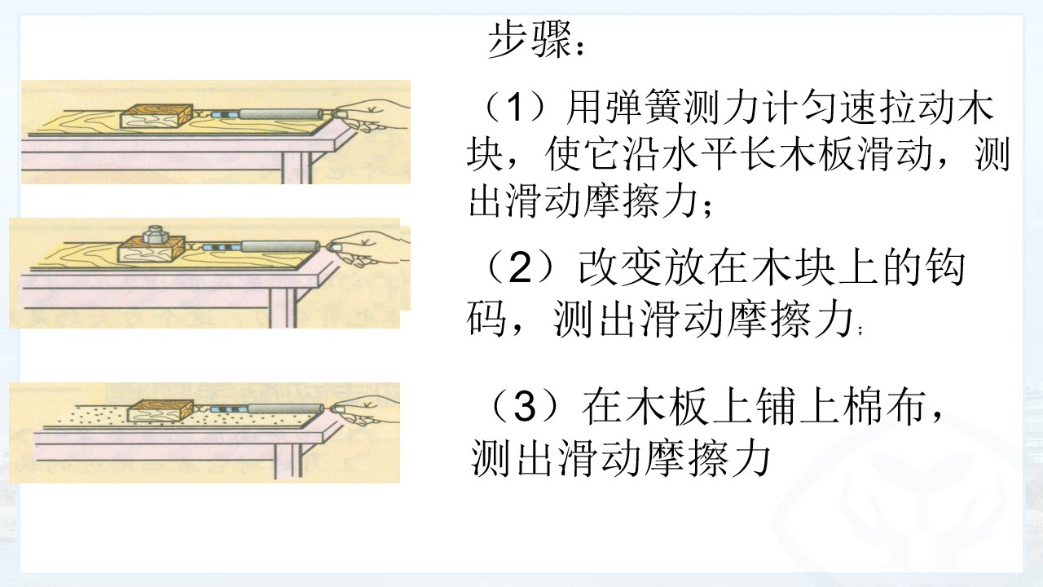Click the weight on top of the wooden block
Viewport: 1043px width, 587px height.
154,234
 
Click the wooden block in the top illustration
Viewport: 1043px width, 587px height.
156,116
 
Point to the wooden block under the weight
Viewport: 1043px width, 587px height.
152,252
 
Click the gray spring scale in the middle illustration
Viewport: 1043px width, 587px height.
280,245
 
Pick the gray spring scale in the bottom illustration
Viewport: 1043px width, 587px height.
285,409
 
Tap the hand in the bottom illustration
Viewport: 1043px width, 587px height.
366,410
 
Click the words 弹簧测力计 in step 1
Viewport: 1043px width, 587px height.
679,108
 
